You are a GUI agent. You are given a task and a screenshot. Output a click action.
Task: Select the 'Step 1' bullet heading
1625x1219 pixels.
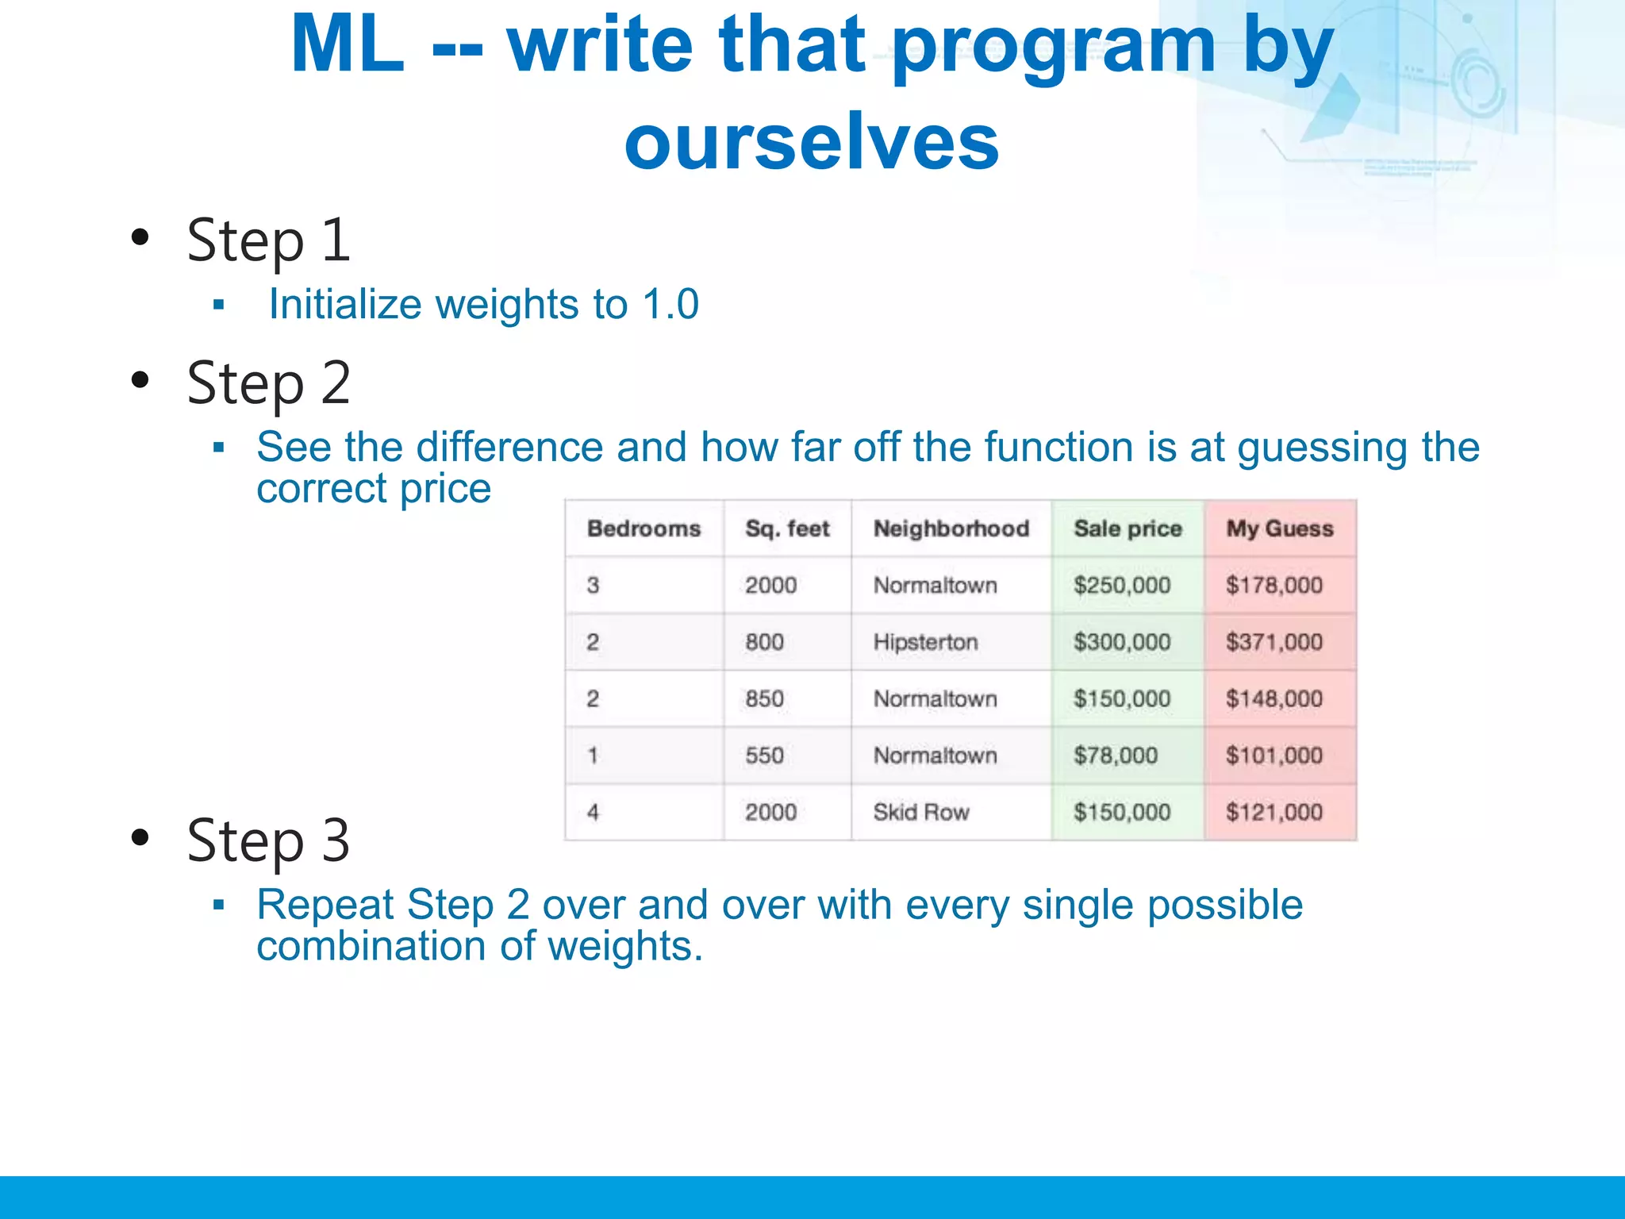pos(268,240)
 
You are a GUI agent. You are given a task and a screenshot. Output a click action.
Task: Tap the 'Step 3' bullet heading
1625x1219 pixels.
pos(268,840)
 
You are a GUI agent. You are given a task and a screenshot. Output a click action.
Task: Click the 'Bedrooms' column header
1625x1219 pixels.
pos(643,529)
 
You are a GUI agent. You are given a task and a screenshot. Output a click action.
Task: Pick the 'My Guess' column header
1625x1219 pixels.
pos(1279,529)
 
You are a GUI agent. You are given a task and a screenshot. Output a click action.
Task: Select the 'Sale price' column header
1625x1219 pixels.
pos(1128,529)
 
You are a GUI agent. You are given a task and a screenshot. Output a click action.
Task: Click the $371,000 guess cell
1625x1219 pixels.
pos(1273,642)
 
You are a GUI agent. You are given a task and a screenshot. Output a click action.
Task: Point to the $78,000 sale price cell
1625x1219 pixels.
pos(1115,756)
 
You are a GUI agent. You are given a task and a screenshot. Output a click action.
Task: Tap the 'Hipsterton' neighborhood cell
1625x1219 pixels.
pos(925,642)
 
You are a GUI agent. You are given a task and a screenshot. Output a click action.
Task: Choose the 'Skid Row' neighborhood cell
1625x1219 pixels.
pos(921,813)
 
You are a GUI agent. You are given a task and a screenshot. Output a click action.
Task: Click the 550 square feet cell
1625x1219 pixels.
pos(764,756)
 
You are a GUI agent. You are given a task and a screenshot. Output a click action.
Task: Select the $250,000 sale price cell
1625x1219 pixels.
pos(1122,586)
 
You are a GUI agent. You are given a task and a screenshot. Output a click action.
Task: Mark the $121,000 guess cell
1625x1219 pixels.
pos(1273,813)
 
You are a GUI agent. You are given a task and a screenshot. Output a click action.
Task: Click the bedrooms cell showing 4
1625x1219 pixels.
pos(593,813)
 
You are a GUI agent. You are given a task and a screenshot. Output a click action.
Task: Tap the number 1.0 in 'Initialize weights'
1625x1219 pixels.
pos(670,305)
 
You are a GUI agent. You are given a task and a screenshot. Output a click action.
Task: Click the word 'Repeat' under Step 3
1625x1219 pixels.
pos(325,906)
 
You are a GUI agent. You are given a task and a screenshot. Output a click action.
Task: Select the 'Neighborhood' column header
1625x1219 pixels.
pos(951,529)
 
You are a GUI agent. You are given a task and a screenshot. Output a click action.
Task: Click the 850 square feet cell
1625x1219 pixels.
pos(764,699)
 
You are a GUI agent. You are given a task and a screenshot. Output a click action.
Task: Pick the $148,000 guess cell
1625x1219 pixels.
pos(1273,699)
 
